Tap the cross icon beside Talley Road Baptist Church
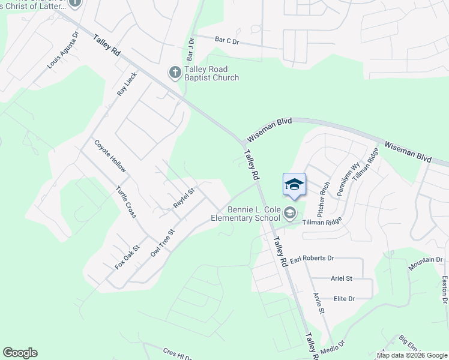point(175,73)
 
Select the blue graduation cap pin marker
point(294,185)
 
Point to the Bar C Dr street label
point(227,40)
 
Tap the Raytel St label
point(184,198)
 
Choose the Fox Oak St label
point(127,256)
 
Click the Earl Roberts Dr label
point(312,258)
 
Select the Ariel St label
point(342,278)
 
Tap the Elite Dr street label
point(345,298)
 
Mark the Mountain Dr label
point(426,263)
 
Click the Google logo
point(20,353)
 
